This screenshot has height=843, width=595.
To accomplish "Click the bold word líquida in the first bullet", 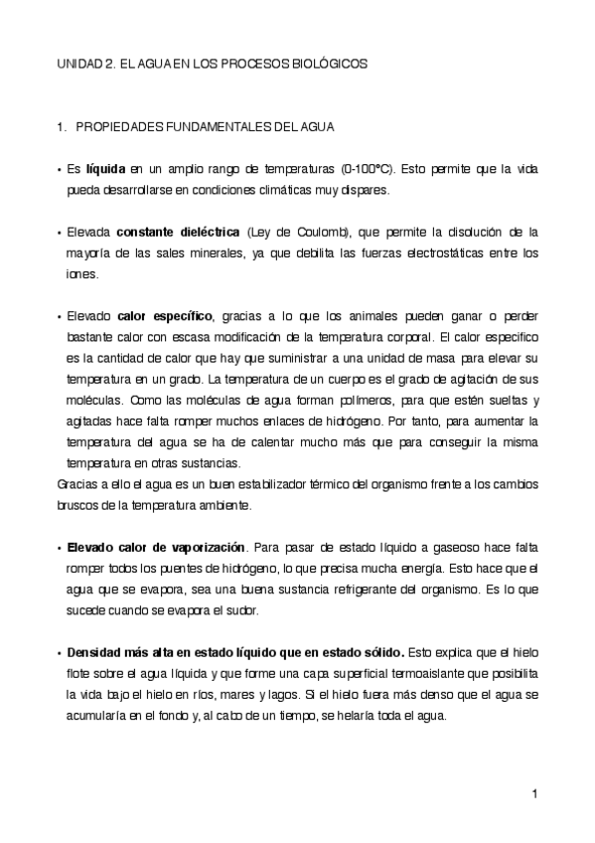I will point(105,169).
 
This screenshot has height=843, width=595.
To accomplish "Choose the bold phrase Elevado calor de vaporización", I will point(156,547).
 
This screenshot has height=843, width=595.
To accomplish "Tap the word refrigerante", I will point(337,589).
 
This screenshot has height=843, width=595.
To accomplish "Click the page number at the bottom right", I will point(534,792).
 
